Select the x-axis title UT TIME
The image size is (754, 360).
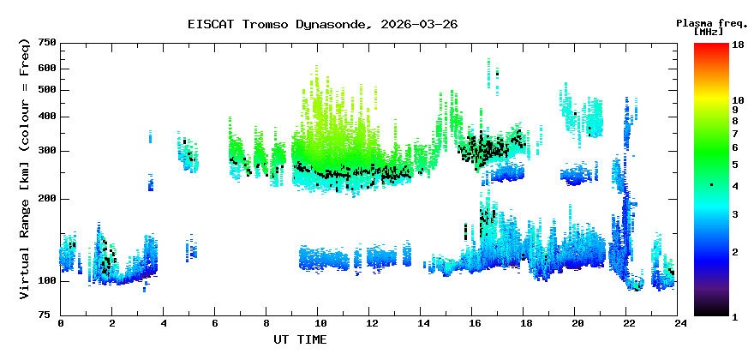click(x=300, y=339)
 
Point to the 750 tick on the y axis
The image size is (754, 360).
click(x=47, y=43)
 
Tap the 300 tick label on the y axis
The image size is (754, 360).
click(x=47, y=151)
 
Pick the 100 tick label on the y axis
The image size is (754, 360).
click(x=47, y=281)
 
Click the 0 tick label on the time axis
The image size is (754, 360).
click(x=61, y=323)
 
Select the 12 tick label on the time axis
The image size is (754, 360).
click(x=371, y=323)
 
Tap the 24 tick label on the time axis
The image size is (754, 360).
click(x=680, y=323)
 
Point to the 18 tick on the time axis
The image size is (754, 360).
click(x=525, y=323)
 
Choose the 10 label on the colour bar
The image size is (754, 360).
click(x=738, y=100)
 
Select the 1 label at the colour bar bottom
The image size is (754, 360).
click(x=735, y=316)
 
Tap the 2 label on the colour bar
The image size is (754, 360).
click(x=735, y=251)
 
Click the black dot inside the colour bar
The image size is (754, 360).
click(x=711, y=185)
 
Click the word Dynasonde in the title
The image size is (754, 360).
click(x=332, y=24)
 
